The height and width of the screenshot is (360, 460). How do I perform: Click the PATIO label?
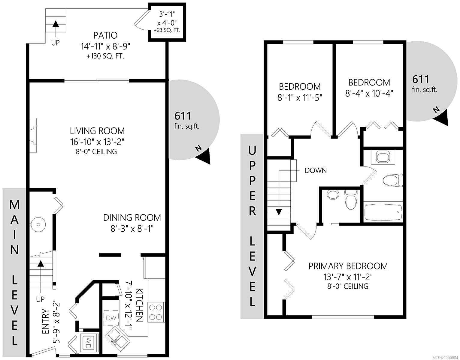pos(105,35)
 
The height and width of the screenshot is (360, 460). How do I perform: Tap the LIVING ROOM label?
pos(97,131)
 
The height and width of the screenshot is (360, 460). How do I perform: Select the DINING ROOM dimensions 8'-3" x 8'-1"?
pos(132,229)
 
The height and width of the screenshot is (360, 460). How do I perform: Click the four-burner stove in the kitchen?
pos(156,312)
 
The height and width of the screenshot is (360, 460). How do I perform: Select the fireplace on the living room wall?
pos(33,135)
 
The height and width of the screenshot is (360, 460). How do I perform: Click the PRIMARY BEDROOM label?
pos(348,266)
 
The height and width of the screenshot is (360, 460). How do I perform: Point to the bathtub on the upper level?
pos(383,212)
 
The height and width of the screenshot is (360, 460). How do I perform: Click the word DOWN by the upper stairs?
pos(316,170)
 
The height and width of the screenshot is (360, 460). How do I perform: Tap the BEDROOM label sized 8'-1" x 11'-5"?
pos(300,87)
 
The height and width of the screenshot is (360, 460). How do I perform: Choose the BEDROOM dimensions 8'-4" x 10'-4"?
pos(369,93)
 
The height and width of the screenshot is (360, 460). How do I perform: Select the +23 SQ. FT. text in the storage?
pos(167,30)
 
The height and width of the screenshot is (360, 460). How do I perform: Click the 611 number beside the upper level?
pos(420,79)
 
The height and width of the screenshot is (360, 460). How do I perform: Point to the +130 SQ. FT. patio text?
pos(105,56)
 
